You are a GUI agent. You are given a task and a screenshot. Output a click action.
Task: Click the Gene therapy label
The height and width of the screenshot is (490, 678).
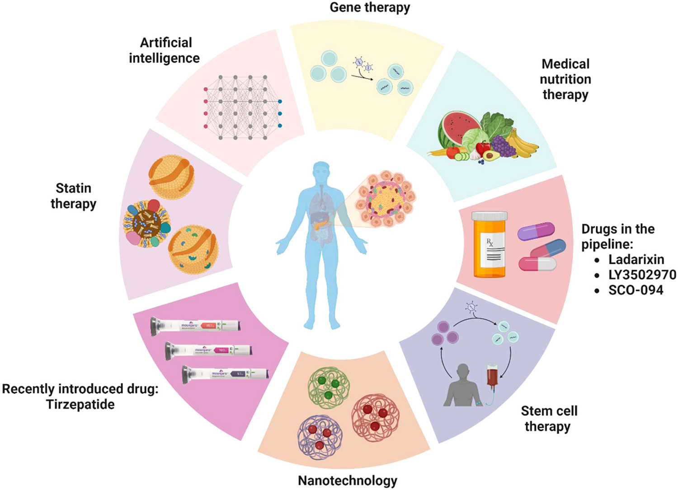tap(370, 8)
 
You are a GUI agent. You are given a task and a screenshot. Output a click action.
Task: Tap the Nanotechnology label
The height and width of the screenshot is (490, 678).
tap(347, 481)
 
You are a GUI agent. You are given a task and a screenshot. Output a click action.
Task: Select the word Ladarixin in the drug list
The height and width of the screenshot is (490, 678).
tap(636, 260)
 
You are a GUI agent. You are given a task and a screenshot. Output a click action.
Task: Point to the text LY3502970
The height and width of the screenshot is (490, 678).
tap(642, 275)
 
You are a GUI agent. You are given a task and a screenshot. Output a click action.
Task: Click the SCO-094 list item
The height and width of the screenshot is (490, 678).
tap(636, 290)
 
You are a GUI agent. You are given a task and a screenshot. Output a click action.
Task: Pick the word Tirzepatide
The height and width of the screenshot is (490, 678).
tap(80, 404)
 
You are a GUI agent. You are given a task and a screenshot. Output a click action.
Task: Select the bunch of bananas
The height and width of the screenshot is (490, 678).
tap(524, 145)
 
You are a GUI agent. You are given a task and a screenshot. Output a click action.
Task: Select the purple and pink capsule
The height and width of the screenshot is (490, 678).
tap(536, 231)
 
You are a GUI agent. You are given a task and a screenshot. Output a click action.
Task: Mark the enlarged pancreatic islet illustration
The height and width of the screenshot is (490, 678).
tap(386, 199)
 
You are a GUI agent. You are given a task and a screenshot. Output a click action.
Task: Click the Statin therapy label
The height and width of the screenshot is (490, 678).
tap(73, 196)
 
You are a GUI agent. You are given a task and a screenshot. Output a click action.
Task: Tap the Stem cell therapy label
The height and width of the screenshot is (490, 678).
tap(549, 419)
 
